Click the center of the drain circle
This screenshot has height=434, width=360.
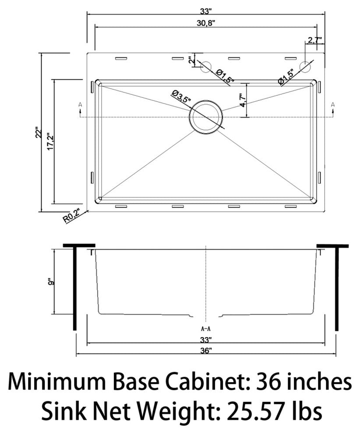click(x=205, y=117)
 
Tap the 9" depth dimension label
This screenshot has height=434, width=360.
click(x=51, y=281)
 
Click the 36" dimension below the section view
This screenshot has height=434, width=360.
click(x=205, y=351)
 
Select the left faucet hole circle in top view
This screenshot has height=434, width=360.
click(x=205, y=67)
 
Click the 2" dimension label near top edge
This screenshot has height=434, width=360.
click(x=190, y=60)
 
